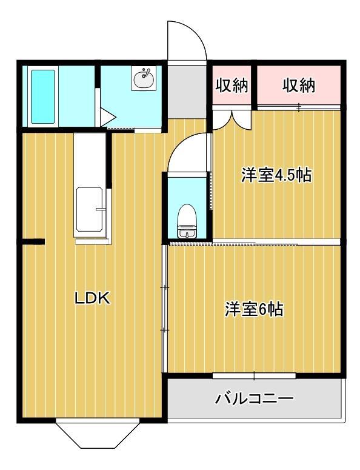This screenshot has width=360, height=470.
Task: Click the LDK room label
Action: [92, 298]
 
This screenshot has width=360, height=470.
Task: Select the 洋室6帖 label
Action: [255, 309]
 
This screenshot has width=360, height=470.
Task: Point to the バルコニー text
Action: [255, 398]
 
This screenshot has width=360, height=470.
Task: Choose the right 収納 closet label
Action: [299, 86]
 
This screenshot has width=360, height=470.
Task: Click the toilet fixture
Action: [187, 222]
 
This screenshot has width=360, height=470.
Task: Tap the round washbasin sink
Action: [144, 79]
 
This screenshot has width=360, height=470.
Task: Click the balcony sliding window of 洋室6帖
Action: [254, 375]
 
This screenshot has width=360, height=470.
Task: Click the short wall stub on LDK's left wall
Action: [35, 243]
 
